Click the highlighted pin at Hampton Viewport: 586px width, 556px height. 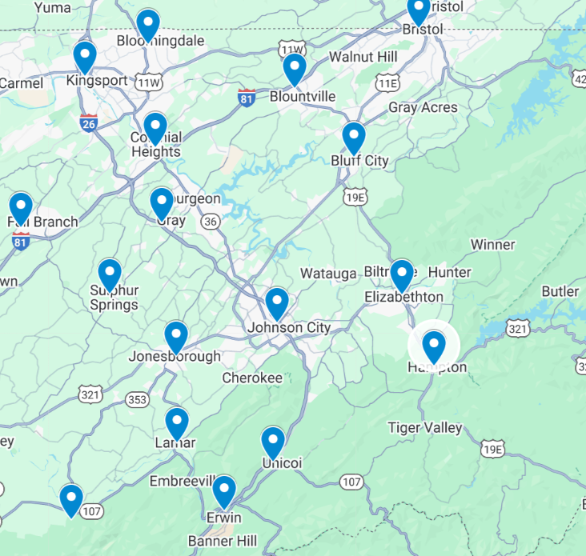pyautogui.click(x=433, y=346)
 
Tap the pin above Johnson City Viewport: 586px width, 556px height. pyautogui.click(x=277, y=303)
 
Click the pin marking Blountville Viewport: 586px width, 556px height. pyautogui.click(x=295, y=70)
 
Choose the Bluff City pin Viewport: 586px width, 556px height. pyautogui.click(x=354, y=138)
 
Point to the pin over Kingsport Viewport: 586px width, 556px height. pyautogui.click(x=85, y=57)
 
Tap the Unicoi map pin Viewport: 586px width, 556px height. pyautogui.click(x=273, y=442)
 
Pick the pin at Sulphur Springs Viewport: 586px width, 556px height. pyautogui.click(x=110, y=274)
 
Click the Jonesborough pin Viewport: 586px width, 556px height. pyautogui.click(x=176, y=337)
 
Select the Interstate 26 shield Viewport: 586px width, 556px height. pyautogui.click(x=89, y=123)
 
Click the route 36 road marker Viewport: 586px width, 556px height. pyautogui.click(x=211, y=221)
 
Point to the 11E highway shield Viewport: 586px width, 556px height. pyautogui.click(x=389, y=82)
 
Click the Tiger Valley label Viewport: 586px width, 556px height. pyautogui.click(x=425, y=428)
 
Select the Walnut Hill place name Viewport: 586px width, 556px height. pyautogui.click(x=363, y=58)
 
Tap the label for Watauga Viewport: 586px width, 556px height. pyautogui.click(x=327, y=274)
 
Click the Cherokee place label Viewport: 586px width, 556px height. pyautogui.click(x=252, y=378)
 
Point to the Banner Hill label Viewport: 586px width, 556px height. pyautogui.click(x=223, y=542)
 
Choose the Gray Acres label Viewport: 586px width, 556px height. pyautogui.click(x=423, y=107)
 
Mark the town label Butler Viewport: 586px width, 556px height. pyautogui.click(x=560, y=291)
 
